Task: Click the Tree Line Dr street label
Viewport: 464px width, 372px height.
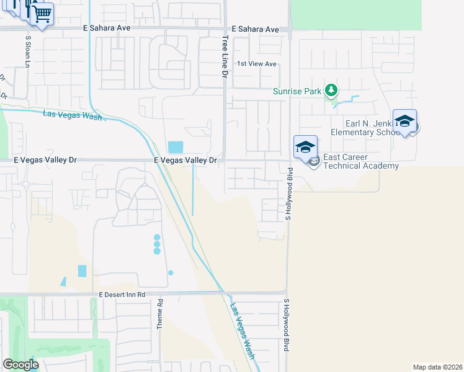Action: coord(225,56)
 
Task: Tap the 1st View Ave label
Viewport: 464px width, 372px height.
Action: coord(257,64)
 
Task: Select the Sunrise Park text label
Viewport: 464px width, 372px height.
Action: coord(298,92)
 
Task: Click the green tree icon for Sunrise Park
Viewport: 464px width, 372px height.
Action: coord(332,91)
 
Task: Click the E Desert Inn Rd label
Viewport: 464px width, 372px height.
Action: coord(122,295)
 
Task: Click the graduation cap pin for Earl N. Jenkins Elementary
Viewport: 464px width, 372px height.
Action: coord(404,122)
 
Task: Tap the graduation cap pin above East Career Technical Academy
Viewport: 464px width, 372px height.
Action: coord(305,148)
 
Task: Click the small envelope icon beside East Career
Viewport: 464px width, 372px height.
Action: coord(314,162)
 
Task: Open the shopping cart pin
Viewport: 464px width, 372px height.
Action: coord(42,13)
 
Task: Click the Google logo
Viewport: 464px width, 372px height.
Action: coord(20,365)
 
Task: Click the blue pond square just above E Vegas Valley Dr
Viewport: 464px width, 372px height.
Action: coord(176,147)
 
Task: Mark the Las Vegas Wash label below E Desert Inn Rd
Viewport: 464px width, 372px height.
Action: coord(243,332)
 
